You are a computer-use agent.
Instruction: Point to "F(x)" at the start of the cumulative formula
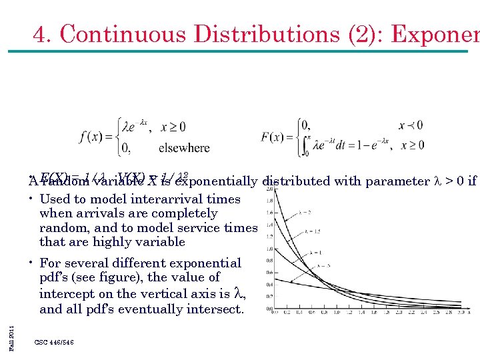(x=274, y=137)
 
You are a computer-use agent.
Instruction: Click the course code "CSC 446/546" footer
(x=54, y=342)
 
